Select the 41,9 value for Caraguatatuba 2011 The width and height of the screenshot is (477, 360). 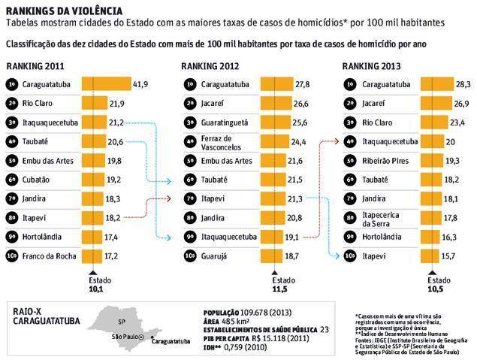(141, 82)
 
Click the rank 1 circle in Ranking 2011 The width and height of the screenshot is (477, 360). (13, 82)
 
